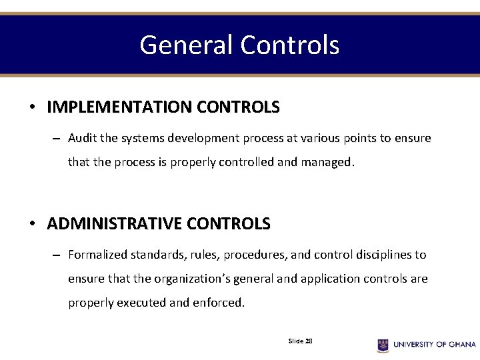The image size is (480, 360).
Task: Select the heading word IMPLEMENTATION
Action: pyautogui.click(x=111, y=107)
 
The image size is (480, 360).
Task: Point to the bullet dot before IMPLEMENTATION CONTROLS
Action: pyautogui.click(x=32, y=107)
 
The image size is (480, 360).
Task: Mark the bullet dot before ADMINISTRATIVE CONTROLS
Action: pyautogui.click(x=32, y=223)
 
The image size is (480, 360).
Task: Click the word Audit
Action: pyautogui.click(x=82, y=139)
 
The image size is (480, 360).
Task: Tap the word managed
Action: pyautogui.click(x=327, y=162)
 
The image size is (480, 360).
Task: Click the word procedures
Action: pyautogui.click(x=253, y=255)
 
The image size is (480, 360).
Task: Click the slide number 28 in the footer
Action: pyautogui.click(x=309, y=341)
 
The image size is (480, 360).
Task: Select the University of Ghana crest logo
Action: pyautogui.click(x=383, y=345)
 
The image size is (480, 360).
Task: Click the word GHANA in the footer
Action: pyautogui.click(x=461, y=345)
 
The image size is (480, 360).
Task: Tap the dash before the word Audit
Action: pyautogui.click(x=57, y=139)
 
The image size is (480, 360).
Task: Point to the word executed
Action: pyautogui.click(x=141, y=303)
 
